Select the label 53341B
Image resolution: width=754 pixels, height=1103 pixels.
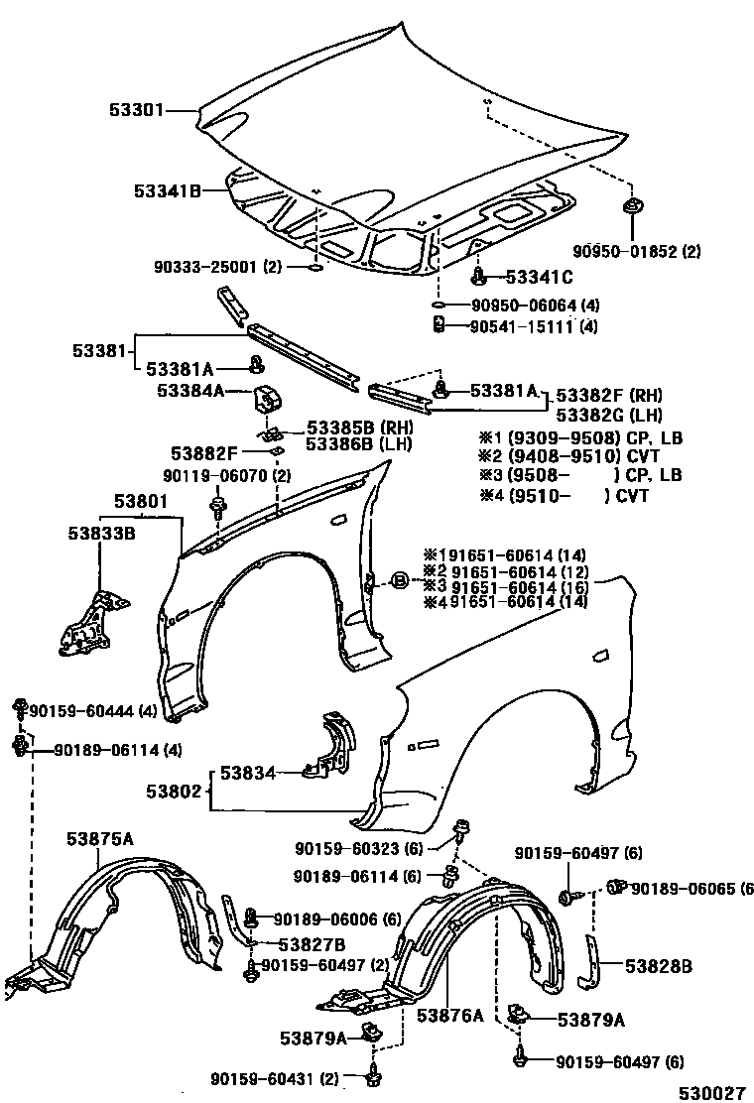coord(169,191)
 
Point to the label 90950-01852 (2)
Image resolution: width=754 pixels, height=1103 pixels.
coord(637,252)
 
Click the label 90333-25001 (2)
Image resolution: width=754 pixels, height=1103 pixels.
coord(217,267)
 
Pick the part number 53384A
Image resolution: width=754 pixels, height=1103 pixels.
coord(189,391)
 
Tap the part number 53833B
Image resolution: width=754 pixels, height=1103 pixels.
coord(102,534)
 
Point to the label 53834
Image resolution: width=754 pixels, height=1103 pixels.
coord(247,771)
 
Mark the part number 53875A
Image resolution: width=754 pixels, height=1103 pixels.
coord(100,839)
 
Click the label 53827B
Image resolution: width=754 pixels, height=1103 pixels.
coord(312,944)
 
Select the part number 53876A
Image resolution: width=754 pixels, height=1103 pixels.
coord(449,1015)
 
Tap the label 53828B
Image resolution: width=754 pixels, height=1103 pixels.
coord(658,964)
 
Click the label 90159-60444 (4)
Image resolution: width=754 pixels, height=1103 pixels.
coord(91,710)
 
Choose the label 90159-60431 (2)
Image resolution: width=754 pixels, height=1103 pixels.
coord(274,1078)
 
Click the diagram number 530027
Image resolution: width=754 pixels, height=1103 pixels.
coord(710,1092)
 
